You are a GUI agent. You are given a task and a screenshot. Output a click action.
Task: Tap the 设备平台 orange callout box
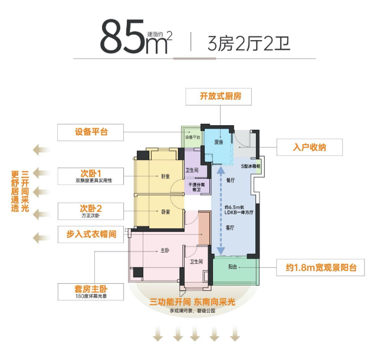(x=91, y=132)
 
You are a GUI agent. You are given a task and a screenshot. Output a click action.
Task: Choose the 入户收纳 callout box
(x=310, y=148)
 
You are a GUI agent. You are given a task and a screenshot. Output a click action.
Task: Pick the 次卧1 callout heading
(x=91, y=173)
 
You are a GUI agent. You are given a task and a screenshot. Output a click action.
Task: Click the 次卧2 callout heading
(x=91, y=208)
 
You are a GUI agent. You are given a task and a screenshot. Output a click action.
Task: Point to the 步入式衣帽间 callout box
(x=91, y=234)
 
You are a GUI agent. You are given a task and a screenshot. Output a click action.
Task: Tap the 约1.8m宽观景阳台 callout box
(x=319, y=269)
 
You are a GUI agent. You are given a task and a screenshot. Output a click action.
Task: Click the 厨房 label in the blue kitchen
(x=218, y=142)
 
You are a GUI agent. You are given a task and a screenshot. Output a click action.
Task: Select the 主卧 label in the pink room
(x=166, y=250)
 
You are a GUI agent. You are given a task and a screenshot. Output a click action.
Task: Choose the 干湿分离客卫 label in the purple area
(x=196, y=187)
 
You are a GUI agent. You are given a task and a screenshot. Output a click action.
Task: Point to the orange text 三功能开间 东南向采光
(x=192, y=302)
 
